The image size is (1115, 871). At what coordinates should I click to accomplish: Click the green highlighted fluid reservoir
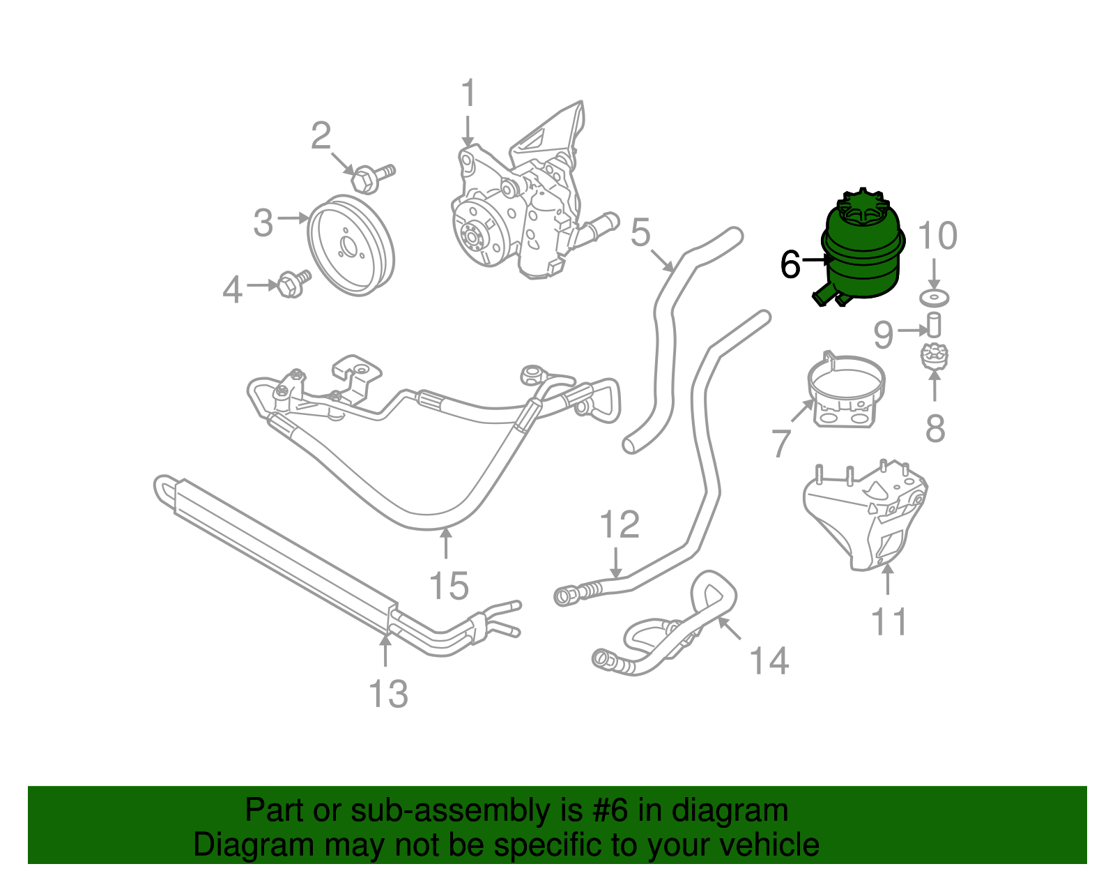[863, 255]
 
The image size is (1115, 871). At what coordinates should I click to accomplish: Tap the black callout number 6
[790, 266]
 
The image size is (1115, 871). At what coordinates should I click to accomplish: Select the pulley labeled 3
[351, 245]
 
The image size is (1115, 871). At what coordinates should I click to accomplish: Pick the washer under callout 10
[935, 298]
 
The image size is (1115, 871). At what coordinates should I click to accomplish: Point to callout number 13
[388, 694]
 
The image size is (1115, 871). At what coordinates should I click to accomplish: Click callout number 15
[449, 586]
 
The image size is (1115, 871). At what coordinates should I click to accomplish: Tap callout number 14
[769, 660]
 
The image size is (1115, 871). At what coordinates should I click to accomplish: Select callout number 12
[619, 524]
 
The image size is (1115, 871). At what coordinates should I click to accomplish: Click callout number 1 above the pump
[468, 93]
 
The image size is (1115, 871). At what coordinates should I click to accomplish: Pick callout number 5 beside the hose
[640, 233]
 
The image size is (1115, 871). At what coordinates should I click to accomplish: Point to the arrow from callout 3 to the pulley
[293, 218]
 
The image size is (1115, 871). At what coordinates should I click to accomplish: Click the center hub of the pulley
[347, 245]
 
